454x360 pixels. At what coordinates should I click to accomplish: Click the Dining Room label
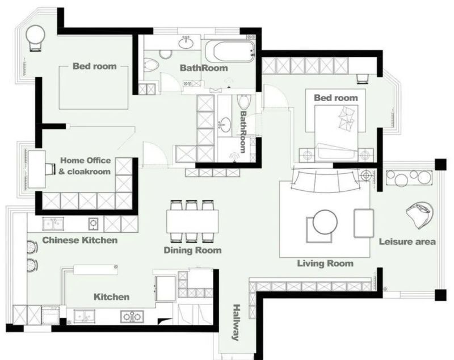point(192,250)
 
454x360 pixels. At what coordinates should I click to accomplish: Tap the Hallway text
point(237,323)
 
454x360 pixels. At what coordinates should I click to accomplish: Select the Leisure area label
point(407,241)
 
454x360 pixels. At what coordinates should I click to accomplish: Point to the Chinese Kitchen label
point(80,240)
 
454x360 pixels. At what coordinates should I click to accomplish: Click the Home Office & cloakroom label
point(85,166)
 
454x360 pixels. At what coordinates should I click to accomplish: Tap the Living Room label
point(325,263)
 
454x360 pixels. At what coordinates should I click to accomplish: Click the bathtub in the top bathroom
point(230,51)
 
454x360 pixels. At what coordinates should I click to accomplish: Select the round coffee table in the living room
point(325,222)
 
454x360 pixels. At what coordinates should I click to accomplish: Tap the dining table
point(192,221)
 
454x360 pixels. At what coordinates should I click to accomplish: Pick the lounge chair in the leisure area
point(419,214)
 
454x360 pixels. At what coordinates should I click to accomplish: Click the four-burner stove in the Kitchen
point(132,316)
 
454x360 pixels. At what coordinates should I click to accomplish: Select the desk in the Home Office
point(37,169)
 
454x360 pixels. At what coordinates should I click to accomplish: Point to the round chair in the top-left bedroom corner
point(35,37)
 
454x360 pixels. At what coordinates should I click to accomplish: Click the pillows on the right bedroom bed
point(347,118)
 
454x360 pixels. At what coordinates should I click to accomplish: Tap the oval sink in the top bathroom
point(186,44)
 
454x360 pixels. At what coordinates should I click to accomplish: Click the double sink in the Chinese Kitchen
point(53,224)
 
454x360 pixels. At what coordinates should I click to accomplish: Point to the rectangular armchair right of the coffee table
point(364,223)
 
